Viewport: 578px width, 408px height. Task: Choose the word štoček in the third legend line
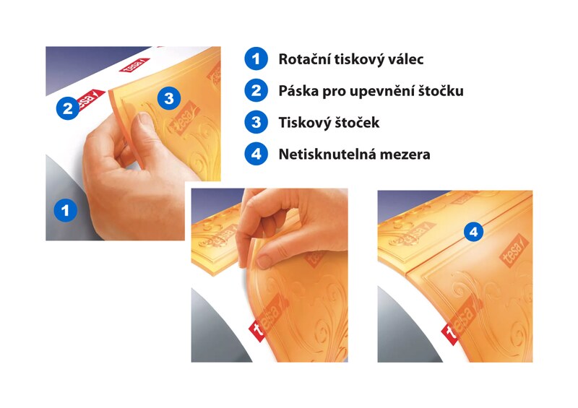(357, 123)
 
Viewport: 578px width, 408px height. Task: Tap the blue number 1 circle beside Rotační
(256, 59)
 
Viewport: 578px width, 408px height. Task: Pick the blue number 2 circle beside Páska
(256, 91)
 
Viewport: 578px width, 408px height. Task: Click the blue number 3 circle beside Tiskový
(256, 122)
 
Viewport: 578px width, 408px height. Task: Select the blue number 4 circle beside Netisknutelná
(256, 154)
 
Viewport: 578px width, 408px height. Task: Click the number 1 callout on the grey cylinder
(66, 211)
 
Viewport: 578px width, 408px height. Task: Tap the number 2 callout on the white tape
(68, 108)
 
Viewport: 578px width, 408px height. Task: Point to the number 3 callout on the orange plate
(169, 98)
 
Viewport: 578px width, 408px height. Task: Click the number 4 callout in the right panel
(474, 232)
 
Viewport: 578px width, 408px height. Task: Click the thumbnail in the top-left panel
(144, 119)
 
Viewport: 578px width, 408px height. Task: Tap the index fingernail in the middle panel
(264, 261)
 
